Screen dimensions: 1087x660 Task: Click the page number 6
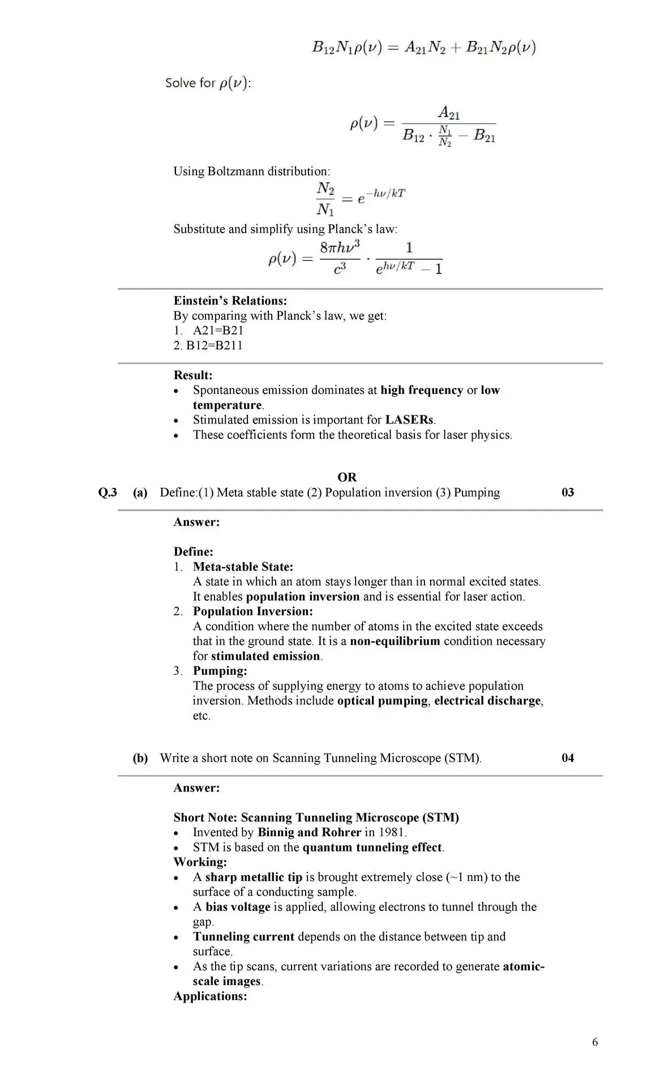[x=595, y=1042]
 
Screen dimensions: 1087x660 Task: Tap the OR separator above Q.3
[x=347, y=477]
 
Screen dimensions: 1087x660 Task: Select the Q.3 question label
[x=108, y=493]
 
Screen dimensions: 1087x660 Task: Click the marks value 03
[x=568, y=493]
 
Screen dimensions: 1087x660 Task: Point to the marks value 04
[x=568, y=758]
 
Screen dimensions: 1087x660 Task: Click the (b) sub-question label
[x=140, y=758]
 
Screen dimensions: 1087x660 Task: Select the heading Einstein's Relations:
[x=230, y=301]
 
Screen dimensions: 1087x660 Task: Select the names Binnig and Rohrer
[x=309, y=832]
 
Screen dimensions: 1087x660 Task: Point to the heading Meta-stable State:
[x=243, y=567]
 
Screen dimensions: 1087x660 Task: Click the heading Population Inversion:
[x=252, y=611]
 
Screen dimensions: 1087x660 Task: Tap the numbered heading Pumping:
[x=220, y=671]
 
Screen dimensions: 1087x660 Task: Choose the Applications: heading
[x=210, y=996]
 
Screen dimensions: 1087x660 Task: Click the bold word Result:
[x=193, y=375]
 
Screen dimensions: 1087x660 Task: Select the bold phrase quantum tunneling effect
[x=372, y=848]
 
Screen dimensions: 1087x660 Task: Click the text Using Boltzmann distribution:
[x=251, y=171]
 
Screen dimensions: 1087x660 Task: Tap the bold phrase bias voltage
[x=238, y=907]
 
